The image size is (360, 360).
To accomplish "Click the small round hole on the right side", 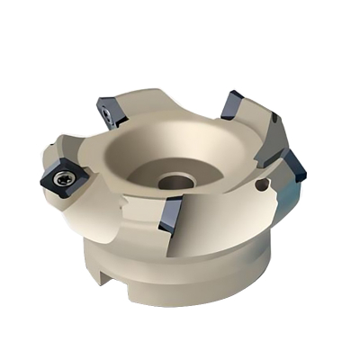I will point(263,185).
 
